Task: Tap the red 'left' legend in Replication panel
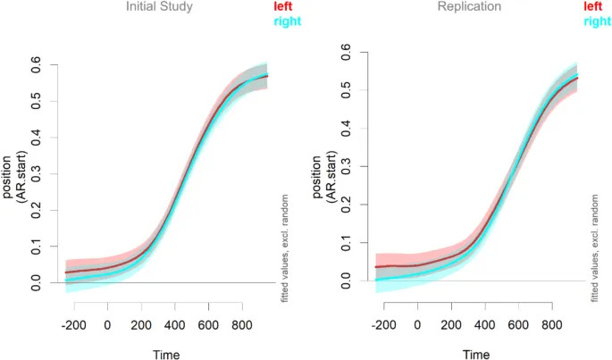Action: coord(591,6)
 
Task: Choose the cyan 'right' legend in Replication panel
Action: coord(596,21)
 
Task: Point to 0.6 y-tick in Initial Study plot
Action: coord(37,65)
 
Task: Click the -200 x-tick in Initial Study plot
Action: coord(73,324)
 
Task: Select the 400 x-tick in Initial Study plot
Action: coord(174,324)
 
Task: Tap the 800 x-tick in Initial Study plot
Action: coord(240,324)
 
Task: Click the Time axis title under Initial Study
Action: coord(165,354)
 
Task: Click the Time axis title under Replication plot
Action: coord(474,354)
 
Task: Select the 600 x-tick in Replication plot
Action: coord(517,324)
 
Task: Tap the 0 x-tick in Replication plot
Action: coord(417,324)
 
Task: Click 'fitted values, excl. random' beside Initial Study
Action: coord(285,246)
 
